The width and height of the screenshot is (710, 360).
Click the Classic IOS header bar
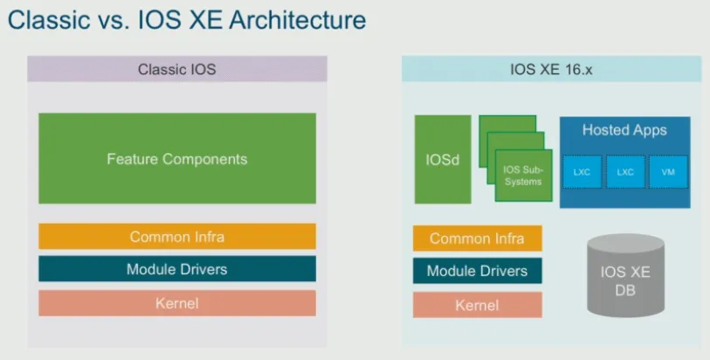click(177, 69)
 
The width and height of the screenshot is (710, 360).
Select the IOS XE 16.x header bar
click(551, 69)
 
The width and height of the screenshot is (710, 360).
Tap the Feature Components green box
click(177, 158)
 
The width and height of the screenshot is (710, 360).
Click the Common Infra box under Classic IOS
click(177, 237)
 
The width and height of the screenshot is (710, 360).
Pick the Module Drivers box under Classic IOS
click(177, 269)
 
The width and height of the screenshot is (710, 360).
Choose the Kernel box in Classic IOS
click(177, 303)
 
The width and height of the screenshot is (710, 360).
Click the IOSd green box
click(443, 159)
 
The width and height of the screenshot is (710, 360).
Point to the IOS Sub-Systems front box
click(523, 176)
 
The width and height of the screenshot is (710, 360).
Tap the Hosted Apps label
click(624, 130)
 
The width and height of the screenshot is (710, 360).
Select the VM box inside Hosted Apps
click(668, 172)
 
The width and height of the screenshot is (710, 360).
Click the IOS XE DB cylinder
click(625, 275)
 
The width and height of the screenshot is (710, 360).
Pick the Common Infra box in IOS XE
click(477, 239)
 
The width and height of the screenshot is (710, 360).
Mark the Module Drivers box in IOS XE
click(477, 271)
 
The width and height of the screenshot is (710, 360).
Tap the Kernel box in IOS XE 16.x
click(477, 305)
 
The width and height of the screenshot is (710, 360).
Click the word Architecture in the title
click(298, 20)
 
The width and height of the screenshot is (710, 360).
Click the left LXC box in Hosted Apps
click(582, 172)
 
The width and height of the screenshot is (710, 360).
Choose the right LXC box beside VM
click(625, 172)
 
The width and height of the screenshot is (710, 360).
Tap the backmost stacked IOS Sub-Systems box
click(507, 123)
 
